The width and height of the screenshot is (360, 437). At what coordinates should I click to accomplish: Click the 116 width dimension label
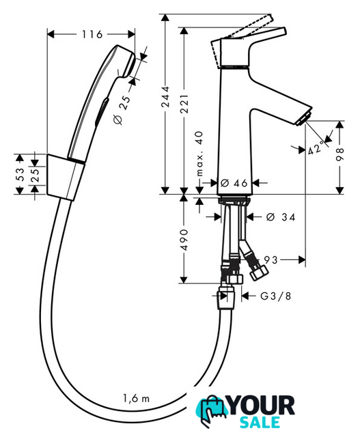point(92,35)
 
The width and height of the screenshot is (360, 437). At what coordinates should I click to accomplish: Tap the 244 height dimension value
point(165,96)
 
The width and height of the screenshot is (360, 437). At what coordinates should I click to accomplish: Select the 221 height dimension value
point(184,104)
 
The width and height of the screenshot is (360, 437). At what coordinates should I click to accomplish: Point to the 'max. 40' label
point(199,154)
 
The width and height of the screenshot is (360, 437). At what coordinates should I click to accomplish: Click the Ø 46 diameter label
point(234,183)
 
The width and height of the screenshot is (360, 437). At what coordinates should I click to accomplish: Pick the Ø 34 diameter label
point(280,217)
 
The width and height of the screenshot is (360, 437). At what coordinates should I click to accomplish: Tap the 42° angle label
point(317,148)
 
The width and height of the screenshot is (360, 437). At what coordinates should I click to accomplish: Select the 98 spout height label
point(340,154)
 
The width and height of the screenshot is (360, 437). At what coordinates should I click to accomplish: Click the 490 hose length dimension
point(184,240)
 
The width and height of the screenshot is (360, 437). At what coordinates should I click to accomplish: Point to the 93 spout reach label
point(271,260)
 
